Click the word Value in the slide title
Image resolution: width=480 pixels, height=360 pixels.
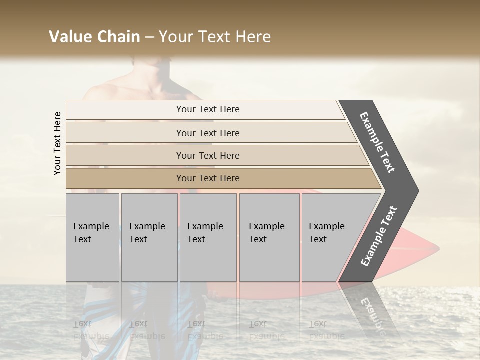(x=70, y=37)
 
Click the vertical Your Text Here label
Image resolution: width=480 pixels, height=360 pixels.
(x=57, y=144)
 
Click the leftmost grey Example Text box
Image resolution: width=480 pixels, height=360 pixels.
(x=92, y=237)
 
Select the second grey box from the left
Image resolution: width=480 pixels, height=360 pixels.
(x=149, y=237)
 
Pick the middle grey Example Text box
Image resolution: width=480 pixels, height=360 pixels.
(x=208, y=237)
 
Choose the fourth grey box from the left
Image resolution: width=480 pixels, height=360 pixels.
(x=269, y=237)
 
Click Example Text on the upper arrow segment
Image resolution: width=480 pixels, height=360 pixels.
(x=377, y=142)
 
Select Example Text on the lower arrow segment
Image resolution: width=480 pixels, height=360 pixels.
(x=378, y=236)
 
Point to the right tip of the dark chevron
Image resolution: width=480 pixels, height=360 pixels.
(x=417, y=191)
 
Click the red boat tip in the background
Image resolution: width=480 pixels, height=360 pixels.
(x=434, y=247)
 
